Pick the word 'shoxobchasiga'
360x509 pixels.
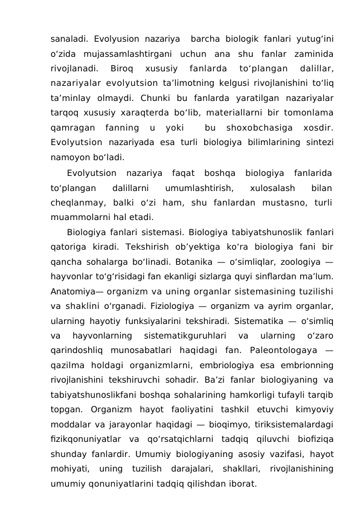click(x=254, y=128)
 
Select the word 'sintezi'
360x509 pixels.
click(x=320, y=143)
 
